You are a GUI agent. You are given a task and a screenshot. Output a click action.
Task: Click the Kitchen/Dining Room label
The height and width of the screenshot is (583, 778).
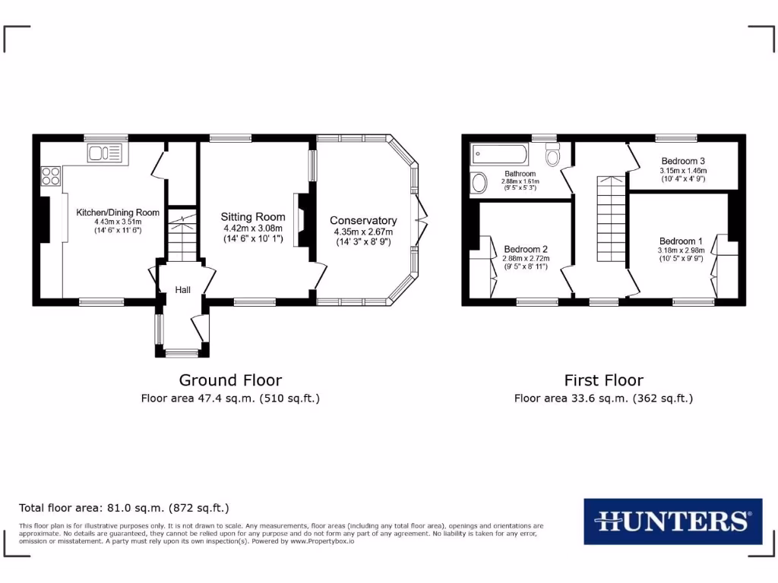117,213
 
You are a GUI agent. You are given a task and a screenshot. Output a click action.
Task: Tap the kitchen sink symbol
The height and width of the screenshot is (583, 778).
104,153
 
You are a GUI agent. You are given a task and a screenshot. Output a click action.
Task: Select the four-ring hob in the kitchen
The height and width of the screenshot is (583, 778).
51,176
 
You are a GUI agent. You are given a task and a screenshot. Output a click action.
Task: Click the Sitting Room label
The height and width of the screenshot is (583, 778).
253,217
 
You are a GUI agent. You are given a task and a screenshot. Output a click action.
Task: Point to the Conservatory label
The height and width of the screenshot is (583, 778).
363,220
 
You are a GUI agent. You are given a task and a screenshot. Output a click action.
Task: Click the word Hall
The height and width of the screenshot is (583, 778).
183,290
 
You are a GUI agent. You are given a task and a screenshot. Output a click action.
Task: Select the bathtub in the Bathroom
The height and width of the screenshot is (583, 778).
499,155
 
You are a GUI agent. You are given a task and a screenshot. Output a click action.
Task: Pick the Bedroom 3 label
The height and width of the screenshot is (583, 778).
683,161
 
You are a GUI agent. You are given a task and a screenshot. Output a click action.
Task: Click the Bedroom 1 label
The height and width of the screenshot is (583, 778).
682,241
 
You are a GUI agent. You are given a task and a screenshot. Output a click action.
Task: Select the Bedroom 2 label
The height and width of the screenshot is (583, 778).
525,249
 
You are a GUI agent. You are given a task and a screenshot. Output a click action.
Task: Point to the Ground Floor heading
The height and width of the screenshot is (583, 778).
230,380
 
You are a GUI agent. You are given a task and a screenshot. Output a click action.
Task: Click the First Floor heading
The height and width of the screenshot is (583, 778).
603,380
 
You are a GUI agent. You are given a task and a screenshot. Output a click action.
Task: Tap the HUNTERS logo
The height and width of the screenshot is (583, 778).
672,521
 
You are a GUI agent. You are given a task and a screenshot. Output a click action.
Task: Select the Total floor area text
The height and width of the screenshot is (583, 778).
124,508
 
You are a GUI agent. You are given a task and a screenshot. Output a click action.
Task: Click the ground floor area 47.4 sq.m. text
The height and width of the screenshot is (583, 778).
230,398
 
